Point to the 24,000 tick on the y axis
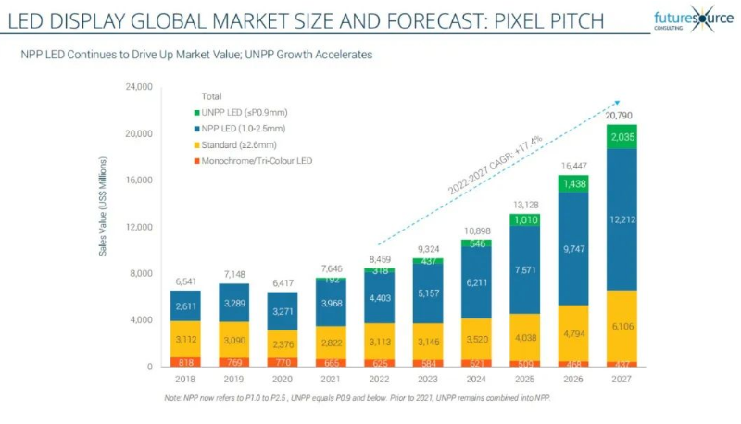point(138,87)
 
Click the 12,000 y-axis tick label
point(138,227)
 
